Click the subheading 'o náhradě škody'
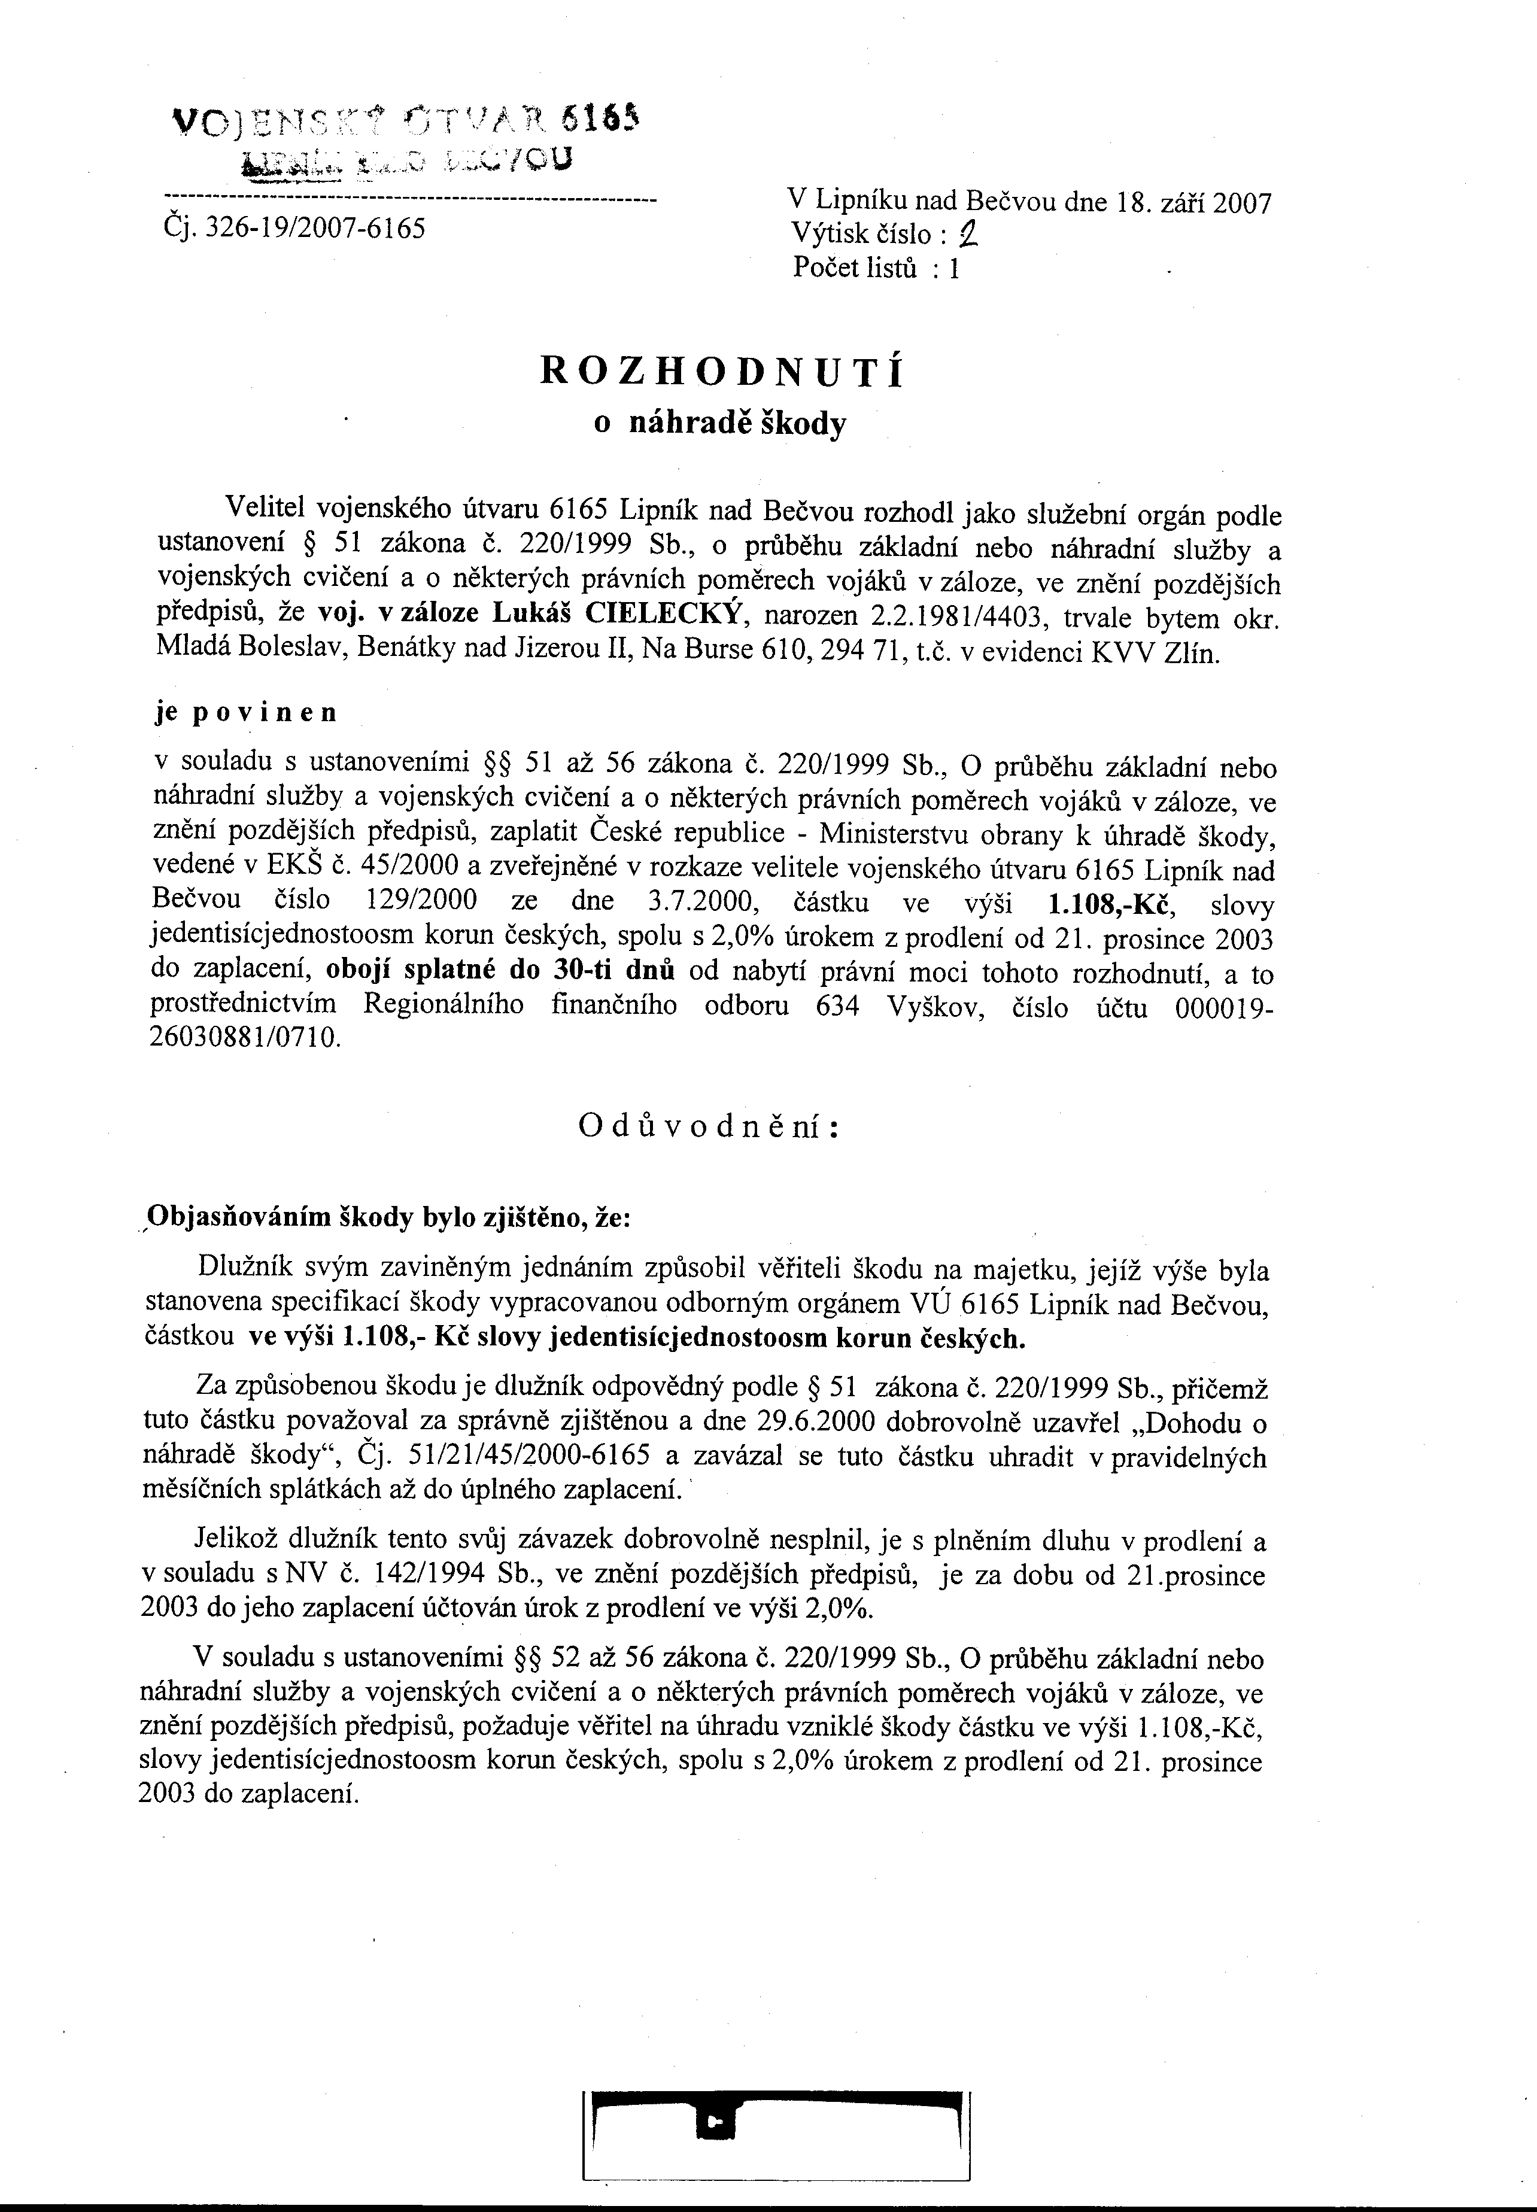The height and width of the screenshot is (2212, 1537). tap(721, 424)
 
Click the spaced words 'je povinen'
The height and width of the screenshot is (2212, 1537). tap(247, 713)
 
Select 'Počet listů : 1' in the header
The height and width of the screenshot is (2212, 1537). tap(876, 268)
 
